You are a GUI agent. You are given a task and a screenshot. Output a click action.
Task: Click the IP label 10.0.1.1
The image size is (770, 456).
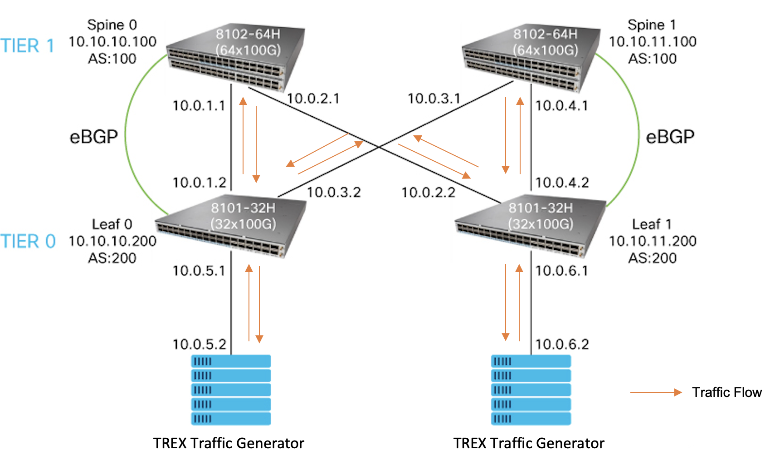tap(199, 106)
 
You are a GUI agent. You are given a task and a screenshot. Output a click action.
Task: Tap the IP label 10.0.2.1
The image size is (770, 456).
tap(313, 99)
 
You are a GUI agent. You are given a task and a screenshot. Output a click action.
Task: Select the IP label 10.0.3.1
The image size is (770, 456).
tap(434, 99)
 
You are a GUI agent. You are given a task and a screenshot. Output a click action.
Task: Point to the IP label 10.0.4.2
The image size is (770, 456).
tap(562, 183)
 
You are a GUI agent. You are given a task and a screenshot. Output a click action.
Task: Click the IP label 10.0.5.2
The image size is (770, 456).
tap(200, 344)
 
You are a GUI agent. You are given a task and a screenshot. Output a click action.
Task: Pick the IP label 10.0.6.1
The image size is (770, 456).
tap(562, 271)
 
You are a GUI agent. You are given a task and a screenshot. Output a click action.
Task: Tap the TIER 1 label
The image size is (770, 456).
tap(28, 46)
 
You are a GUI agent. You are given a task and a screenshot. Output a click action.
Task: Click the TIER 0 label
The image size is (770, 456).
tap(28, 241)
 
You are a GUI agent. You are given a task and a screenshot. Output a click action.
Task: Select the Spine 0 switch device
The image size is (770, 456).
tap(236, 57)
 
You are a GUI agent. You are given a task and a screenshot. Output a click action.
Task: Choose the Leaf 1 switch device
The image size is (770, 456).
tap(531, 227)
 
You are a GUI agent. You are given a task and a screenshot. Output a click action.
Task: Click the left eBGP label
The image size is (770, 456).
tap(94, 137)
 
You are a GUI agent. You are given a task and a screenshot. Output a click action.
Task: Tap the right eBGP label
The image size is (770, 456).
tap(670, 137)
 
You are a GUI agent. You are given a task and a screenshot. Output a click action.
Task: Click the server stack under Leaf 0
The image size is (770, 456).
tap(231, 390)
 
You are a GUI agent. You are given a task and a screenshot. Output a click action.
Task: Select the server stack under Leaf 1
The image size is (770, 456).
tap(531, 390)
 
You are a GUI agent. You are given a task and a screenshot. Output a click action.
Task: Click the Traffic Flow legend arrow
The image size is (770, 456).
tap(656, 392)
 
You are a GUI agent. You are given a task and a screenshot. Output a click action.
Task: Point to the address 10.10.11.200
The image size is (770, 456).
tap(653, 241)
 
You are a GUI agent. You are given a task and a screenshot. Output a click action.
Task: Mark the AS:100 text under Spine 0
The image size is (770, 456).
tap(112, 59)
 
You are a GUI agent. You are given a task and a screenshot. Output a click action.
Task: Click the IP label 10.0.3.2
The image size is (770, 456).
tap(334, 193)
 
